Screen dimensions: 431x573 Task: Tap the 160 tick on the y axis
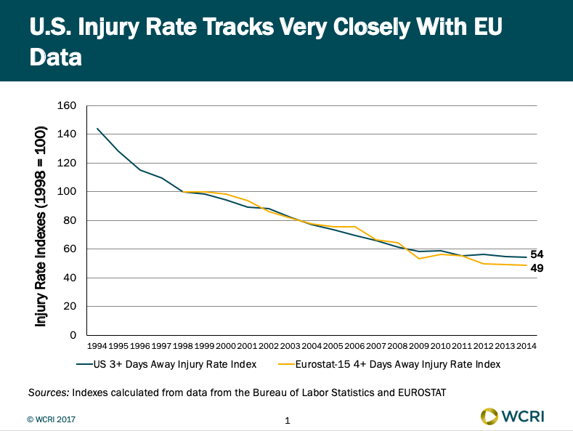[x=66, y=105]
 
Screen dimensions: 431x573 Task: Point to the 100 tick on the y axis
[x=66, y=191]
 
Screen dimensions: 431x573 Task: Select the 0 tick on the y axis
[x=72, y=335]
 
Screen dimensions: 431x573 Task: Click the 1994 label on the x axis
[x=97, y=346]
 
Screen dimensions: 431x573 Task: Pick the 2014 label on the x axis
[x=527, y=346]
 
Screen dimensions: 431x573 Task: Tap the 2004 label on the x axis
[x=312, y=346]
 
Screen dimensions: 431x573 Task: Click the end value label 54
[x=537, y=254]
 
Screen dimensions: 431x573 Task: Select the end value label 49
[x=537, y=268]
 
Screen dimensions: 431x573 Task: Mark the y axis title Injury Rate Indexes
[x=41, y=225]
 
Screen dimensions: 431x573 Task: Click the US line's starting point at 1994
[x=97, y=129]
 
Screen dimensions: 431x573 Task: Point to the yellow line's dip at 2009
[x=419, y=259]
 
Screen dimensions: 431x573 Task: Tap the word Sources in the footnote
[x=49, y=392]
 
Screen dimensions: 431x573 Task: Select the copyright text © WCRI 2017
[x=52, y=419]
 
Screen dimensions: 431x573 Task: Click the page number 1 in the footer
[x=288, y=420]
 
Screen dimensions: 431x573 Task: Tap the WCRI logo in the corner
[x=513, y=416]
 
